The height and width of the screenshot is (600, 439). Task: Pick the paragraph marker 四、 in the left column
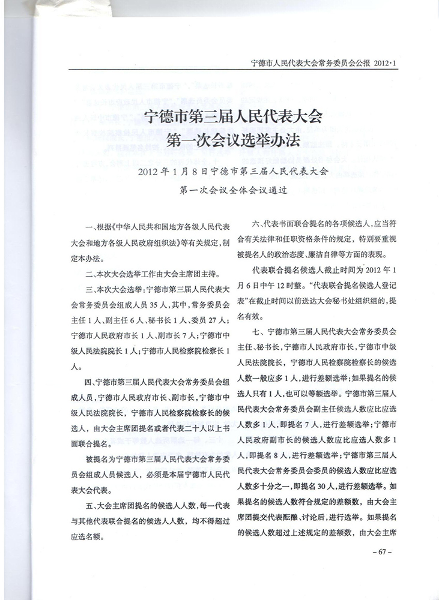click(91, 382)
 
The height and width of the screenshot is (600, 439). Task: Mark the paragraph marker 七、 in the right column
click(258, 332)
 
